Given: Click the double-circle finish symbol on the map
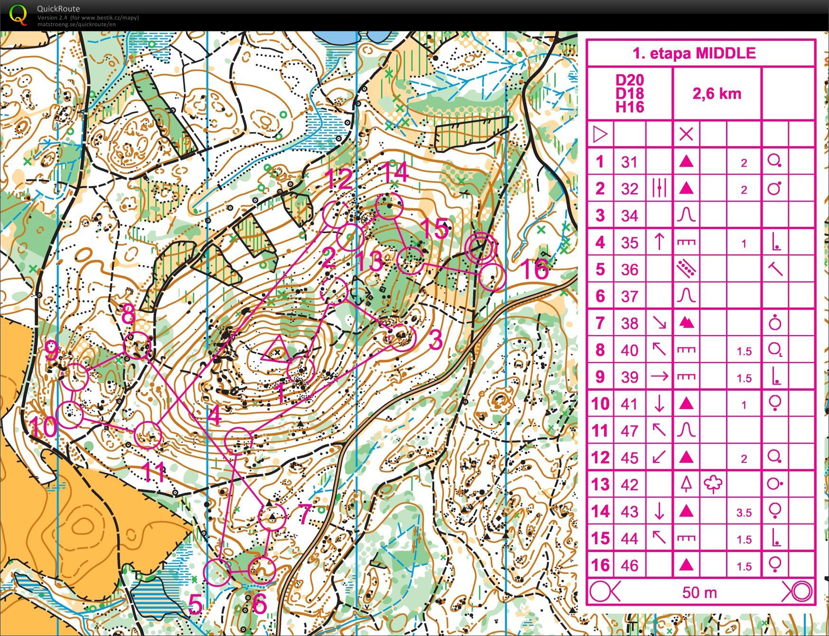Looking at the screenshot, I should click(481, 247).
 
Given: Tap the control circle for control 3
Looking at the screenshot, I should click(402, 337).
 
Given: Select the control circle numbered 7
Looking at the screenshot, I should click(272, 517).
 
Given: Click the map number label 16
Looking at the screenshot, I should click(534, 269).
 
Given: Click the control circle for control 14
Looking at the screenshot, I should click(389, 206).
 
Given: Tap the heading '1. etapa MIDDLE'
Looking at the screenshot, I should click(694, 53).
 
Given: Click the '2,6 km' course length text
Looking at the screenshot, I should click(717, 94).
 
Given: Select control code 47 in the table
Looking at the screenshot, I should click(630, 431).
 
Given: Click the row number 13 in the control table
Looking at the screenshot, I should click(600, 485).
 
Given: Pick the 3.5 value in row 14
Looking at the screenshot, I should click(744, 513).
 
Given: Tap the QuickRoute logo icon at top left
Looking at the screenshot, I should click(18, 14).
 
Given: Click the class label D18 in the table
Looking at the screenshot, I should click(630, 93).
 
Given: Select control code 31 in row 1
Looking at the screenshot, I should click(630, 162).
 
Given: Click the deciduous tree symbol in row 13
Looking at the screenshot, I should click(713, 484).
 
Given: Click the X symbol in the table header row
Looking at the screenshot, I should click(686, 134).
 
